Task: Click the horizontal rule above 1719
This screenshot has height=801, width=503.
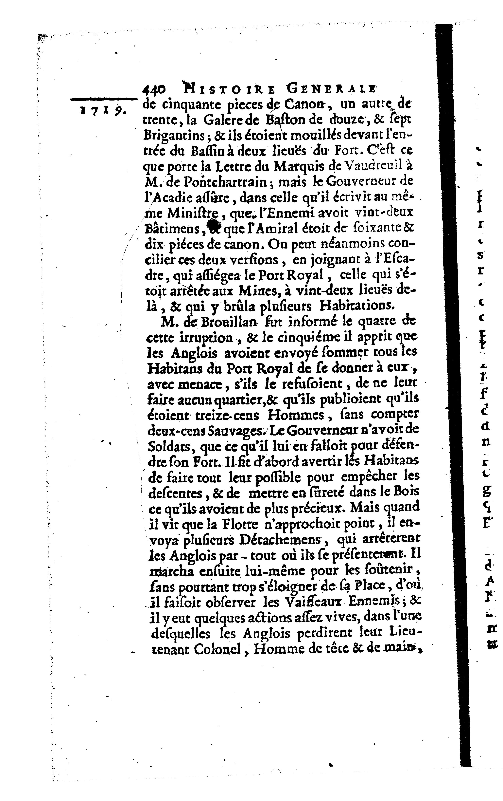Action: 104,99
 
